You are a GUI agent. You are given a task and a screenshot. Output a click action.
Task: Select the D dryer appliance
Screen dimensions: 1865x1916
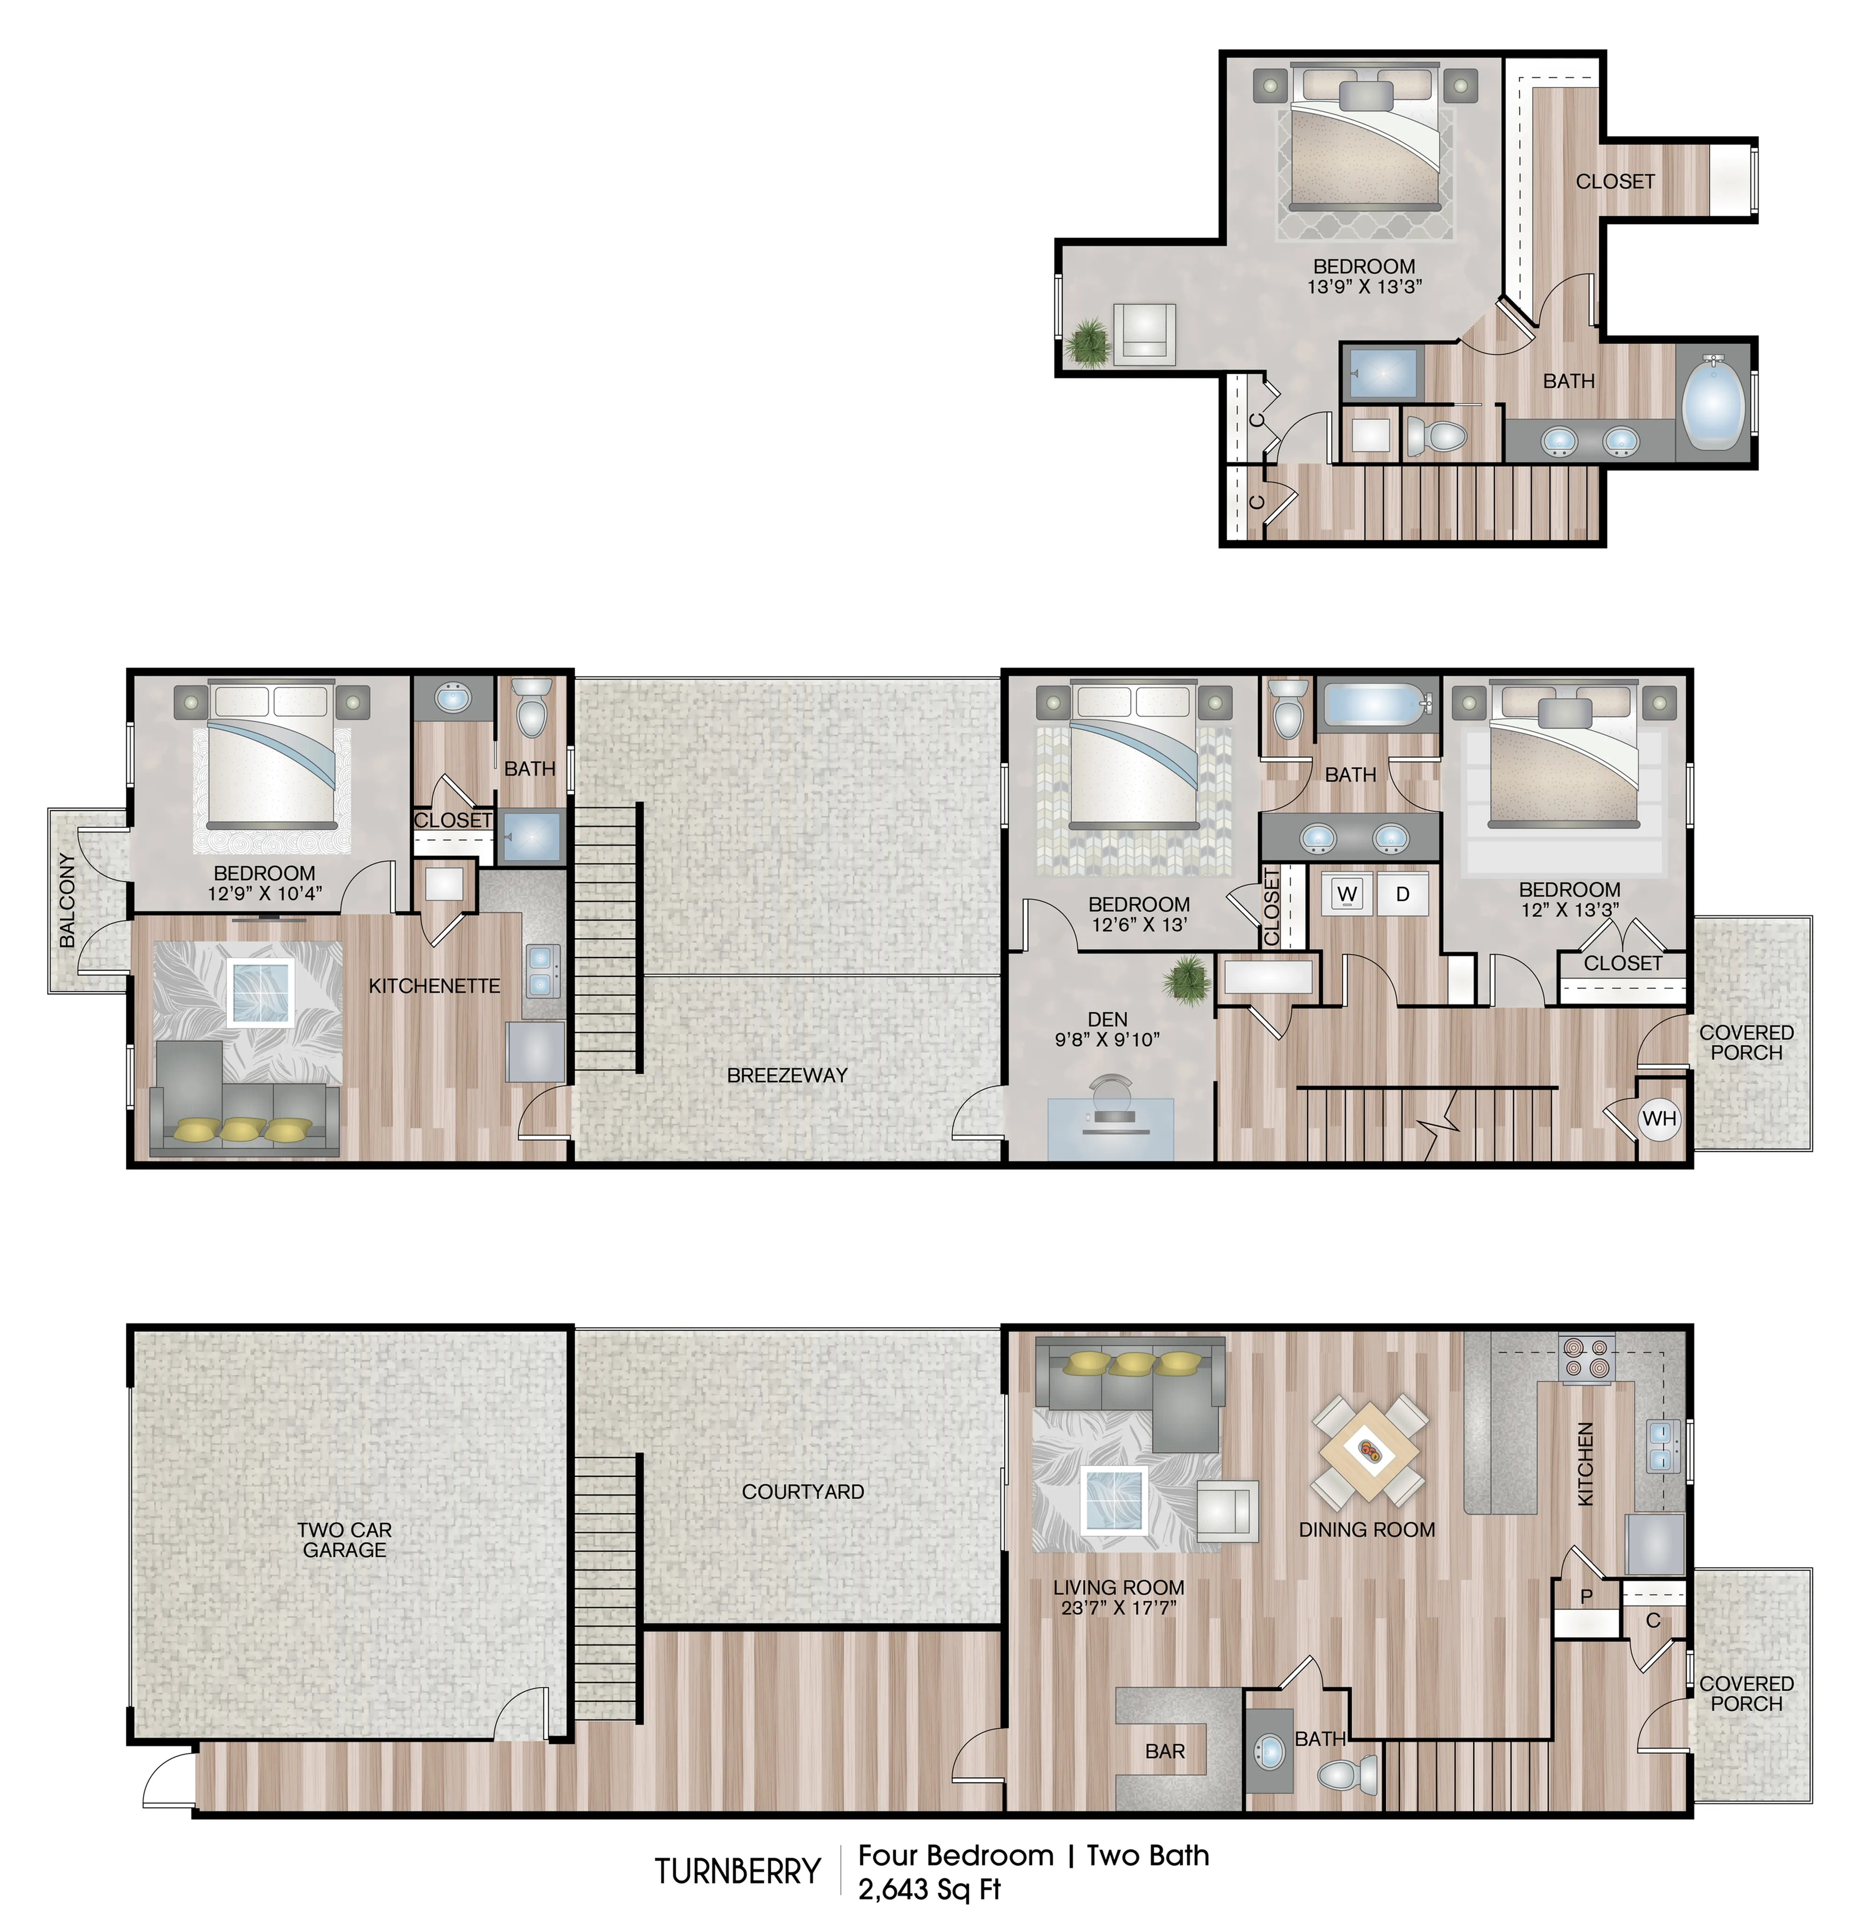pyautogui.click(x=1403, y=894)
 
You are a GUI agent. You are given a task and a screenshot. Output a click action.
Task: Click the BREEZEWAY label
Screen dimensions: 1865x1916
pyautogui.click(x=787, y=1075)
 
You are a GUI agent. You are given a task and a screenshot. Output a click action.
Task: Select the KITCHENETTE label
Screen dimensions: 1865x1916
pyautogui.click(x=434, y=986)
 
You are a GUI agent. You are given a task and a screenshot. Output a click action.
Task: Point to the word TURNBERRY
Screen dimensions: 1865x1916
pyautogui.click(x=738, y=1871)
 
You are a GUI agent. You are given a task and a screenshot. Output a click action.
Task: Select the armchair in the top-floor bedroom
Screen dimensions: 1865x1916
pyautogui.click(x=1144, y=333)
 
